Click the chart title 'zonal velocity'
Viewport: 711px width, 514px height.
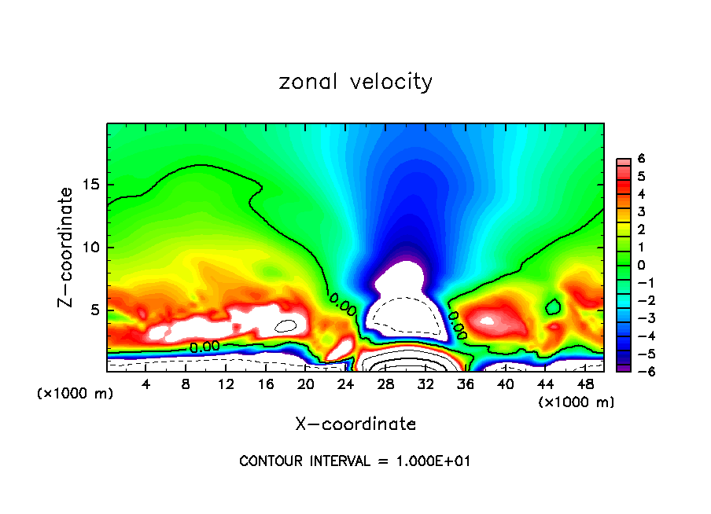pyautogui.click(x=355, y=82)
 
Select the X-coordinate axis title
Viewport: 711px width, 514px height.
pyautogui.click(x=355, y=424)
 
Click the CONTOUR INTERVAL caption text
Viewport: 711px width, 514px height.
pyautogui.click(x=355, y=461)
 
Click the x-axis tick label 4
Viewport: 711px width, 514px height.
pyautogui.click(x=146, y=384)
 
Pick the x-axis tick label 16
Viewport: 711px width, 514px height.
pyautogui.click(x=265, y=384)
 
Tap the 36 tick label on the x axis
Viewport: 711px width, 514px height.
pyautogui.click(x=465, y=384)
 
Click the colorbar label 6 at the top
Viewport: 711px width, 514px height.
pyautogui.click(x=641, y=159)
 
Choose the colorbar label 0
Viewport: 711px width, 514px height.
pyautogui.click(x=641, y=265)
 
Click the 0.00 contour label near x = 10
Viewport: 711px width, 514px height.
pyautogui.click(x=204, y=346)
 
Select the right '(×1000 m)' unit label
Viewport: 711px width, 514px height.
pyautogui.click(x=577, y=402)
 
